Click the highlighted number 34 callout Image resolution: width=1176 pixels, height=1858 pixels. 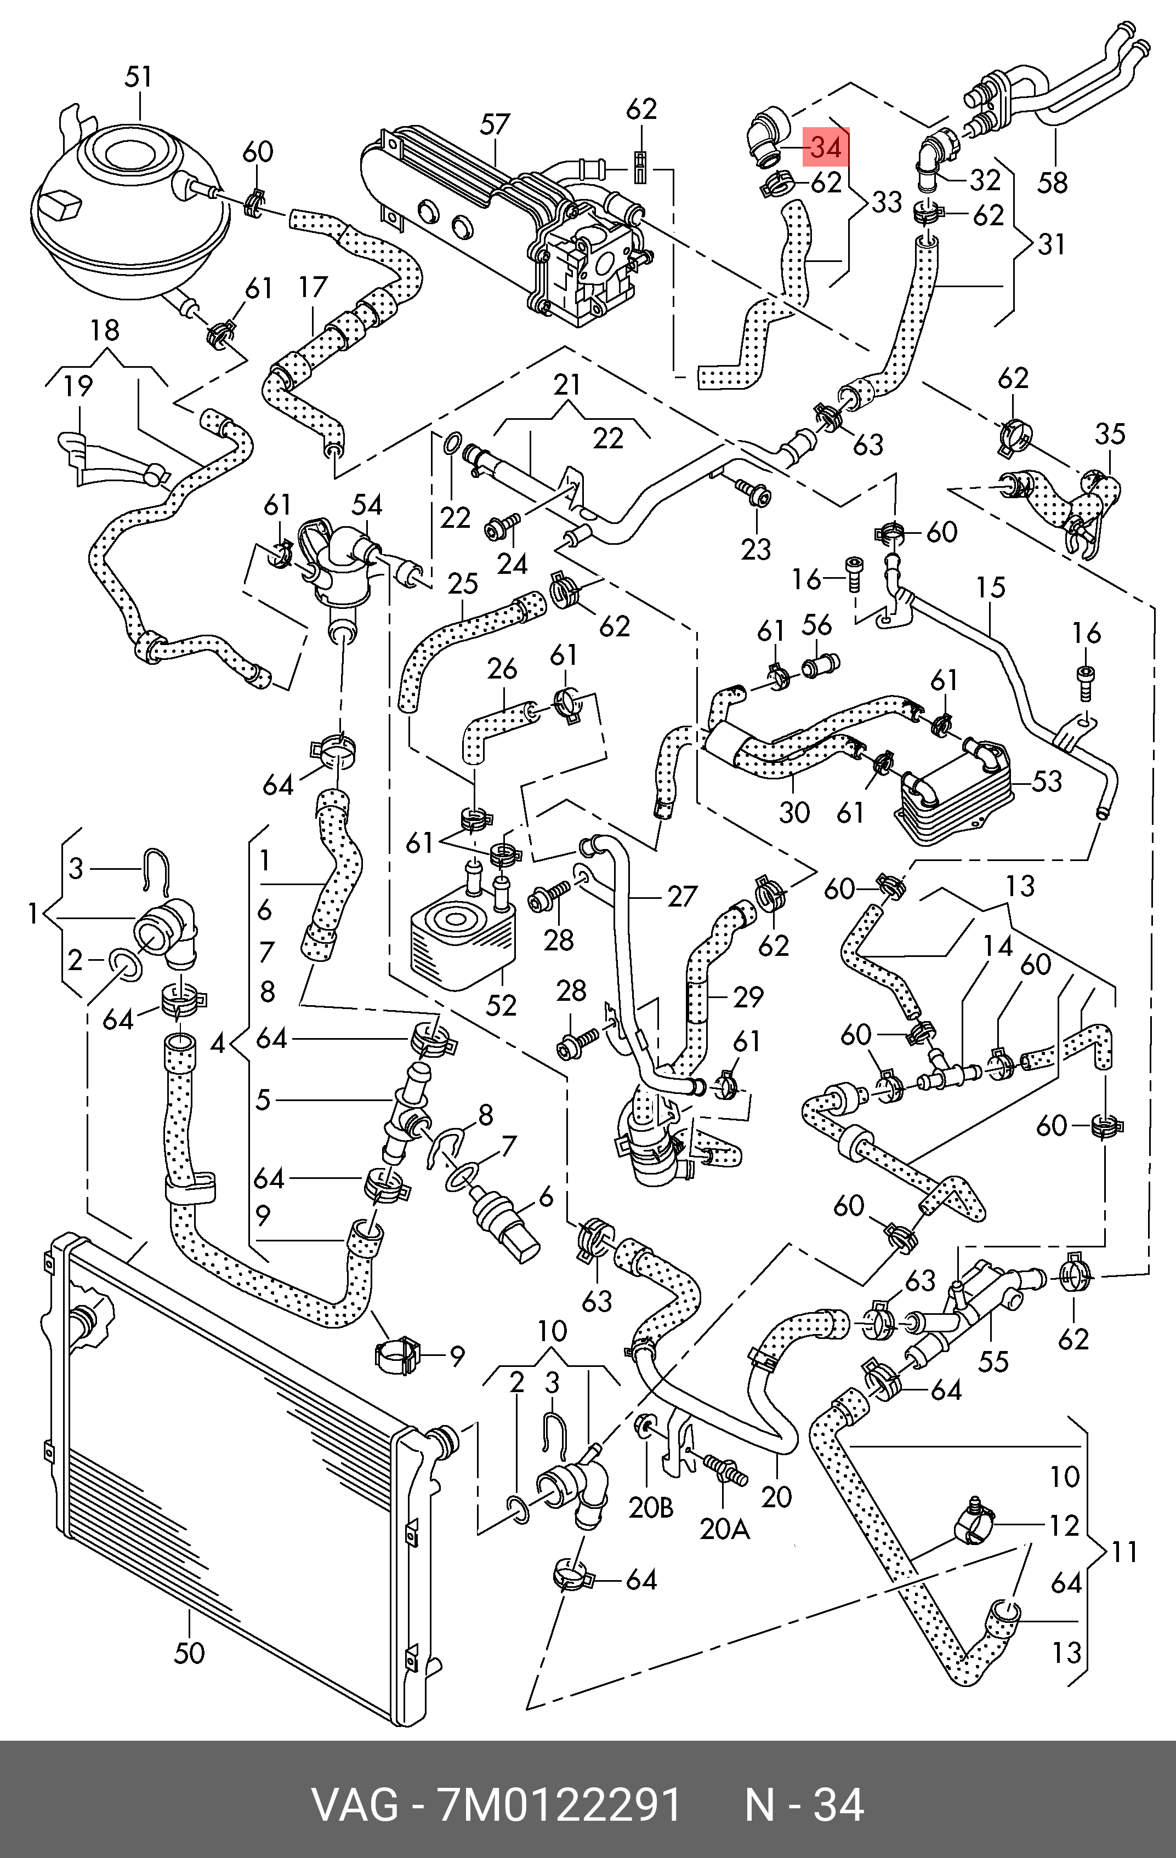[x=826, y=146]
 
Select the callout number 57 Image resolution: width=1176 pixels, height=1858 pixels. [x=495, y=126]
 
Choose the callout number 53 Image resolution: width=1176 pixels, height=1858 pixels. [x=1047, y=782]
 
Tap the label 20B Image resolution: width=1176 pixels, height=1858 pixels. [x=651, y=1507]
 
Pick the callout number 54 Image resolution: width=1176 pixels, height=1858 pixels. [x=367, y=505]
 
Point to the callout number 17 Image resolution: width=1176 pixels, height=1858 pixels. [x=313, y=287]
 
